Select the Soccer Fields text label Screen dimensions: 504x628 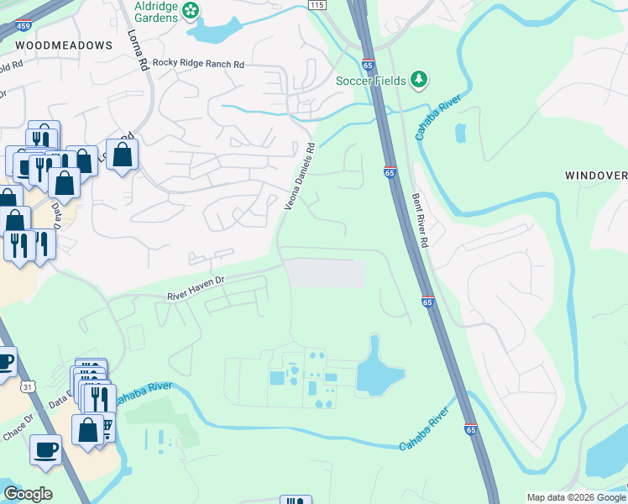pos(371,81)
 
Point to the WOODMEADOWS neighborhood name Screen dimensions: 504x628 pos(64,45)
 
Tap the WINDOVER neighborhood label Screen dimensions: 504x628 pos(595,175)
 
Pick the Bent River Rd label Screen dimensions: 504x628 pos(421,219)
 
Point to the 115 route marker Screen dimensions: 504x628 pos(316,5)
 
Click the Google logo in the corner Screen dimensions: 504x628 pos(28,494)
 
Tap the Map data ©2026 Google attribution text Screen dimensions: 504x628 pos(576,497)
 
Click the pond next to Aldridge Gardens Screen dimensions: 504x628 pos(214,31)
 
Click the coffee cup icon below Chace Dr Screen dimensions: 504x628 pos(45,448)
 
